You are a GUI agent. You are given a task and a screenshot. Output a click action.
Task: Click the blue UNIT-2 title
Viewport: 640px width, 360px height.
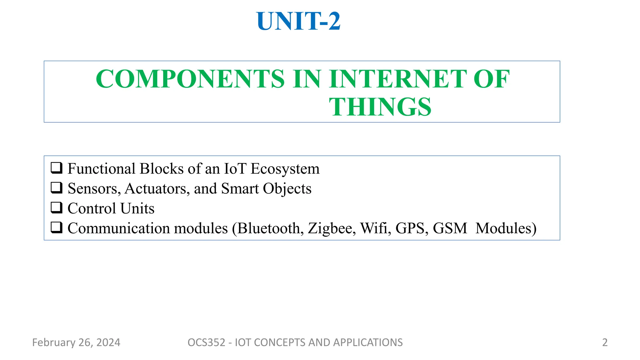point(298,21)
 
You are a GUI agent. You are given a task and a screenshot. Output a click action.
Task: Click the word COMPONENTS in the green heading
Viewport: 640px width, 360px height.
point(190,79)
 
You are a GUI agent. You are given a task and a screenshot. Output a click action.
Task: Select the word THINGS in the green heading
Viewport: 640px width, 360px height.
point(380,107)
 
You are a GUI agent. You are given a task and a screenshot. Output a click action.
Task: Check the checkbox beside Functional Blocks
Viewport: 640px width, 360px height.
point(57,168)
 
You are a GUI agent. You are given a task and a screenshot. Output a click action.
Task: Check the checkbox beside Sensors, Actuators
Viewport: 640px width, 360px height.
point(57,188)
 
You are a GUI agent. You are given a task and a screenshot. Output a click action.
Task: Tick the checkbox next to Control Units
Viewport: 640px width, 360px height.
point(57,208)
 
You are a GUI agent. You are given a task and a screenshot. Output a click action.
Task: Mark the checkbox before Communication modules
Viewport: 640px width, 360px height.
point(57,228)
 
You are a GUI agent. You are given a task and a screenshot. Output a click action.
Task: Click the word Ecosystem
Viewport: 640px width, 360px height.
point(285,169)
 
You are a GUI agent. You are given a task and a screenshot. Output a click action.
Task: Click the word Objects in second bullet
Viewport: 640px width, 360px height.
point(287,189)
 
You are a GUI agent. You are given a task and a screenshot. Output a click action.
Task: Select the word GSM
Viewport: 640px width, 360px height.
point(450,228)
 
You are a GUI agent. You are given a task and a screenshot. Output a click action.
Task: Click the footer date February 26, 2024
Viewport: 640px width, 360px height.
point(76,342)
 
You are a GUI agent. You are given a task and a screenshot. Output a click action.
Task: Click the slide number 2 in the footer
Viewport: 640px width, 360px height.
point(605,342)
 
